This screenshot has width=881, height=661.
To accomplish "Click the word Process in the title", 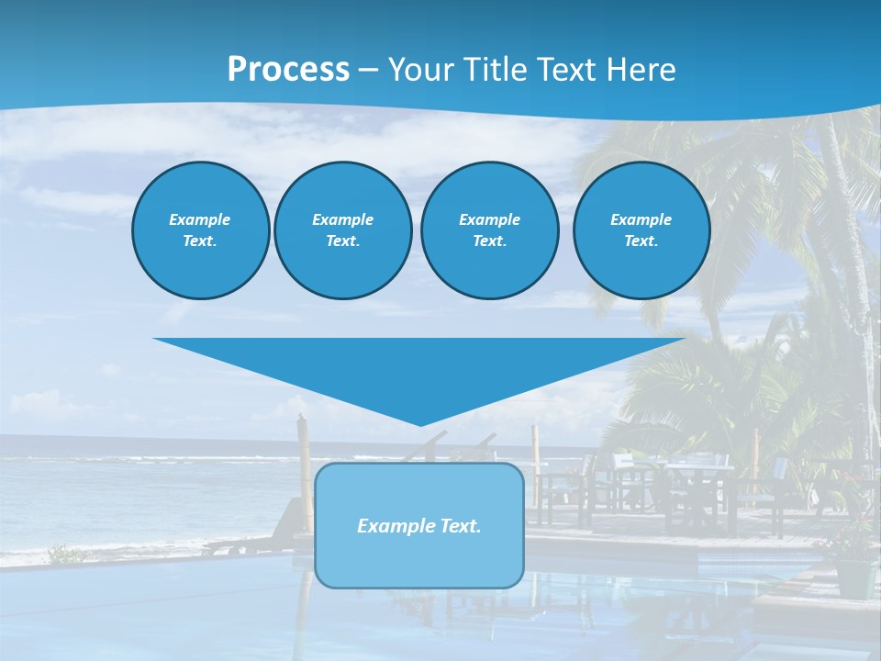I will click(288, 70).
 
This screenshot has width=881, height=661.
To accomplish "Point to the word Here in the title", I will click(637, 70).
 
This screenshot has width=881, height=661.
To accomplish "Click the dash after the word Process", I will click(368, 71).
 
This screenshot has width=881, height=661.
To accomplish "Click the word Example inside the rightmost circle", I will click(641, 219).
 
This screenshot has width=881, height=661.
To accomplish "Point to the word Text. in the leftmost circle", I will click(200, 241).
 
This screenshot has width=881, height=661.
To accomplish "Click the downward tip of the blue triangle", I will click(420, 422).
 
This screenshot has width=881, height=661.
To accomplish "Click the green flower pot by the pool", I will click(854, 576).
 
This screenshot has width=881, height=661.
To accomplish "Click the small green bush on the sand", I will click(64, 554).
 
